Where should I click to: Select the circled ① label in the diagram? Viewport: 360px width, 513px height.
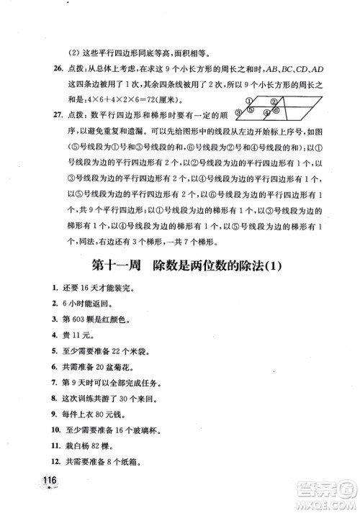click(249, 100)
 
